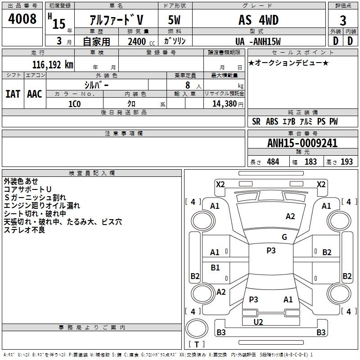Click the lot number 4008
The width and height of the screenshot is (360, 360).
[22, 19]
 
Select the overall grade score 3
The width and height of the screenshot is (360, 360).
[343, 21]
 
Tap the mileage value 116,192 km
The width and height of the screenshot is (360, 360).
[53, 65]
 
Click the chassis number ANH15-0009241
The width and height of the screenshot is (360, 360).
[302, 143]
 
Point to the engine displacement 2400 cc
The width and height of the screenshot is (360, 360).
[141, 41]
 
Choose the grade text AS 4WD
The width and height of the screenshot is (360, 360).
[258, 20]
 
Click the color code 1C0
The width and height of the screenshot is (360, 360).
[74, 104]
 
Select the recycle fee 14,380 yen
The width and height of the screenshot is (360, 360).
[228, 104]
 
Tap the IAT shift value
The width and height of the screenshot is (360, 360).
[13, 94]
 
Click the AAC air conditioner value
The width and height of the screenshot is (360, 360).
[35, 94]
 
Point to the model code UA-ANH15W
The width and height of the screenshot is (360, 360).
[258, 41]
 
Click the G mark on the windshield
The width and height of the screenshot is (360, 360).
[284, 237]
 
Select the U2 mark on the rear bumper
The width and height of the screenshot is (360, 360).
[258, 322]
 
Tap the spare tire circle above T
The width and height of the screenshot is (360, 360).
[197, 328]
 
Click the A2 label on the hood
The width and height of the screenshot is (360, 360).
[290, 216]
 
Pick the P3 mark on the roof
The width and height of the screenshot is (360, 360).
[271, 250]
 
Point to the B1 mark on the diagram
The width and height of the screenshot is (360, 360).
[215, 267]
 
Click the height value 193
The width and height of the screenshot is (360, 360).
[346, 162]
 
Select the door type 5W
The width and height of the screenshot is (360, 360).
[174, 20]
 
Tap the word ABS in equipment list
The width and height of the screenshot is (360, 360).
[272, 121]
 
